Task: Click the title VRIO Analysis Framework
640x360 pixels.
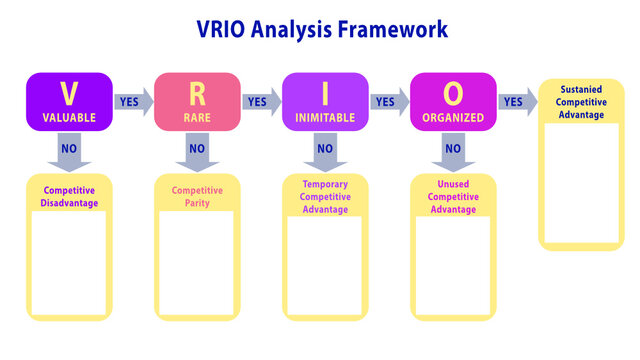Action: point(319,29)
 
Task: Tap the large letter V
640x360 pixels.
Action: point(69,93)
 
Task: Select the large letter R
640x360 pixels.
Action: point(197,93)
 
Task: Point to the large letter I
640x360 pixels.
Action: point(325,93)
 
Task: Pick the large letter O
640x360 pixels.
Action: point(453,93)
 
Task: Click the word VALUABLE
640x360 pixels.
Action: point(69,118)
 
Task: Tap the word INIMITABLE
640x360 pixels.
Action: point(325,118)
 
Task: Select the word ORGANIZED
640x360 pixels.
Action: point(453,118)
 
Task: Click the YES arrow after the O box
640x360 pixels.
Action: point(516,101)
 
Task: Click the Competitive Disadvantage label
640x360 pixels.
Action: point(69,196)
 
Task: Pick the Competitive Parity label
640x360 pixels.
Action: point(197,196)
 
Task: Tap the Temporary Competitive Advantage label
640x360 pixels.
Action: point(325,196)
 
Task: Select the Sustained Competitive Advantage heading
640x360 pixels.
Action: point(581,101)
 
